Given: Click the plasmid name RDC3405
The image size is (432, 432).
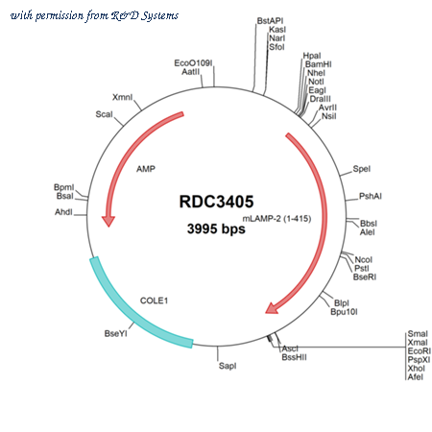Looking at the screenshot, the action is pos(216,202).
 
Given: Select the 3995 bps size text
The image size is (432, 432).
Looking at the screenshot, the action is pos(216,228).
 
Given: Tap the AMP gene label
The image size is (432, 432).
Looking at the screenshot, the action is pos(146,169).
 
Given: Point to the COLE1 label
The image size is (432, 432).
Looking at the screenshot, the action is pos(154,300).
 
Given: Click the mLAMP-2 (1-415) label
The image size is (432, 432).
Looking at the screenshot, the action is pos(276,219).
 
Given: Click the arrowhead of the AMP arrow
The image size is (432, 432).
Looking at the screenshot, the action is pos(108,221).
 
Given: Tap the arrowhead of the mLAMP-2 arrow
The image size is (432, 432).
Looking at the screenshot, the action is pos(272,308).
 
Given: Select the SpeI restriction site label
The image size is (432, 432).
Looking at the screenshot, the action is pos(362,169).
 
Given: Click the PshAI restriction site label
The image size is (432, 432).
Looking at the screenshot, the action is pos(371,196).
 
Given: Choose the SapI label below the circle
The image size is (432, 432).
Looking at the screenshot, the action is pos(228,366).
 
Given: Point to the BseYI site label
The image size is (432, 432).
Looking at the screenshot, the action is pos(116,333).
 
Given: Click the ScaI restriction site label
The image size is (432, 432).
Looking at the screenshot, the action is pos(105,114).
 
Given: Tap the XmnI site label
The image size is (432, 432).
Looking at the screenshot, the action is pos(122,97).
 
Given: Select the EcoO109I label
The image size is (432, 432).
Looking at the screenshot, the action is pos(193,63).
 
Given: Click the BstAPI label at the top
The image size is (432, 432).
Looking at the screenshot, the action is pos(270,21).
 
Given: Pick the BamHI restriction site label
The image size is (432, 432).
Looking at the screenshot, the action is pos(319,64).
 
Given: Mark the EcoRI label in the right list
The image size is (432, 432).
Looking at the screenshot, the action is pos(420,351).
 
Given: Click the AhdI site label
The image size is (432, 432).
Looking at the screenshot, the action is pos(63,212).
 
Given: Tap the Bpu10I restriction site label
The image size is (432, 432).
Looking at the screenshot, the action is pos(344,311).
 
